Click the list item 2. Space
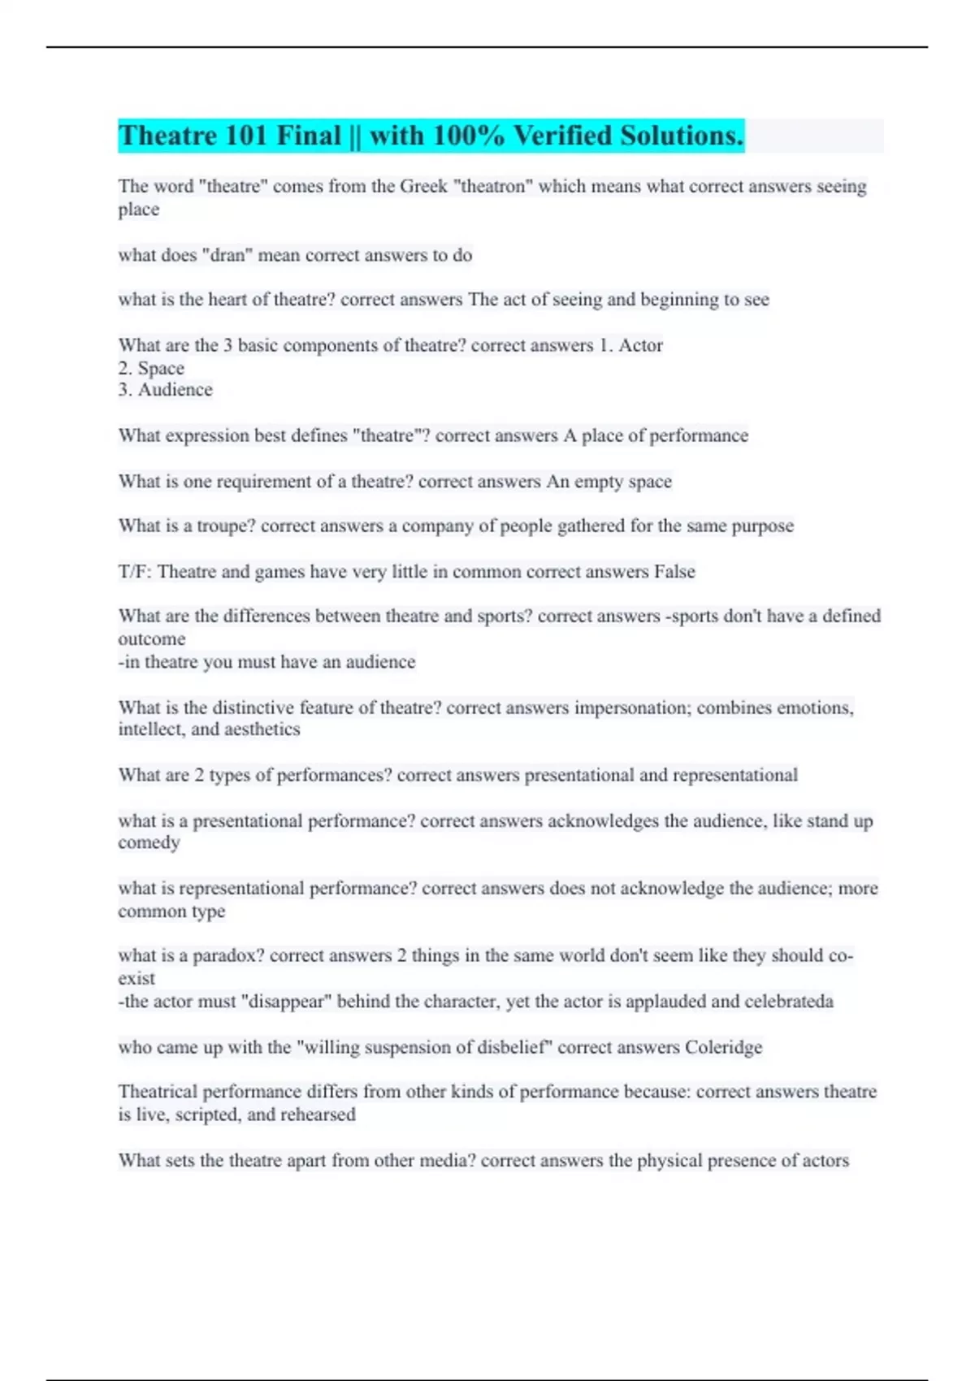(x=151, y=368)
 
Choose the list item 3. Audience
(x=165, y=390)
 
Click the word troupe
(x=226, y=526)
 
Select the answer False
(x=674, y=572)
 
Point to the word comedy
(x=149, y=842)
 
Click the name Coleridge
(x=723, y=1047)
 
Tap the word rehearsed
(x=318, y=1115)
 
